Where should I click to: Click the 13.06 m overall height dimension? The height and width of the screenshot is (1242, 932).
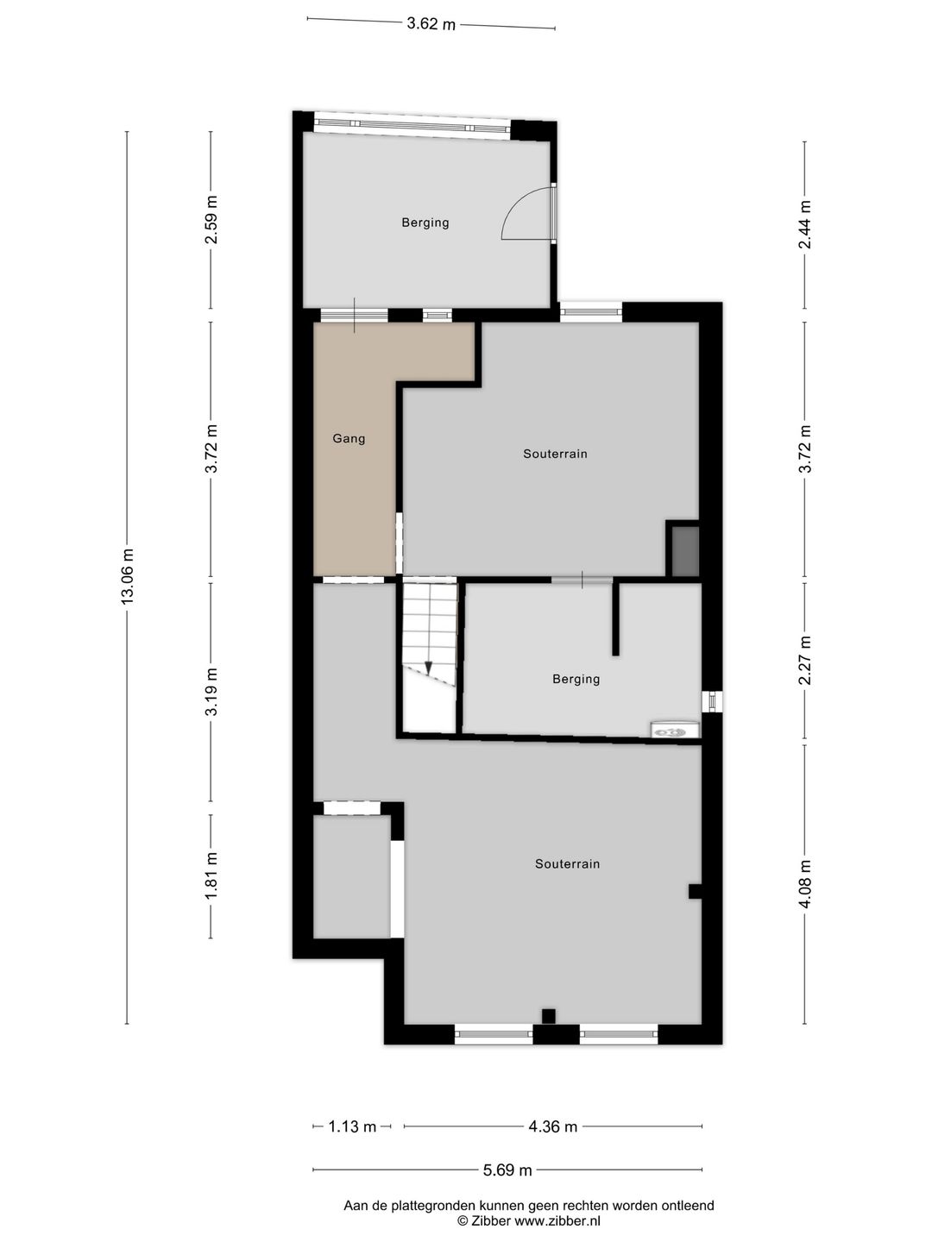tap(128, 576)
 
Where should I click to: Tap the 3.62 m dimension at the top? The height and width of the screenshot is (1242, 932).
tap(431, 24)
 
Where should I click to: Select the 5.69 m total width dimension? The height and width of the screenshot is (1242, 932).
tap(507, 1170)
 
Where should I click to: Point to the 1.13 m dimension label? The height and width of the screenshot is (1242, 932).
tap(353, 1126)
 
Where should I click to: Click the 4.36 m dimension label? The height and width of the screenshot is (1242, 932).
tap(553, 1126)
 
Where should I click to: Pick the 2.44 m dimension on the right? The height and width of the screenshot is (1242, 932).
tap(804, 224)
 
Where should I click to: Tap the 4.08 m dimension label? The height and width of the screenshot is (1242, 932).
tap(804, 884)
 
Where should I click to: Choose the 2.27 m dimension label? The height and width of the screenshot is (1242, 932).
tap(804, 660)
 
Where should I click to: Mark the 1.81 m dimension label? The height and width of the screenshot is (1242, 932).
tap(211, 875)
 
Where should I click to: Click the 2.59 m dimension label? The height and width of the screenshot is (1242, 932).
tap(211, 220)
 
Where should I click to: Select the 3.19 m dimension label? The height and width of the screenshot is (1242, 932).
tap(211, 692)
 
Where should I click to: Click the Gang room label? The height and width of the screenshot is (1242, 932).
tap(349, 438)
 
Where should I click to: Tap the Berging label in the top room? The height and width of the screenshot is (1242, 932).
tap(425, 223)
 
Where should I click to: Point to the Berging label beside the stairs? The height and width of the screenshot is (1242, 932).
tap(576, 679)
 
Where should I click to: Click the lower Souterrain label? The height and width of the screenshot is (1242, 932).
tap(568, 863)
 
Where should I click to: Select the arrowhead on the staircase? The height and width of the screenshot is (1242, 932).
tap(428, 668)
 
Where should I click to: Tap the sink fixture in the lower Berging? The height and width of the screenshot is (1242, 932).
tap(675, 731)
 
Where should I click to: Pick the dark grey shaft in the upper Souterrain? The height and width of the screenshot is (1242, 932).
tap(685, 552)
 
